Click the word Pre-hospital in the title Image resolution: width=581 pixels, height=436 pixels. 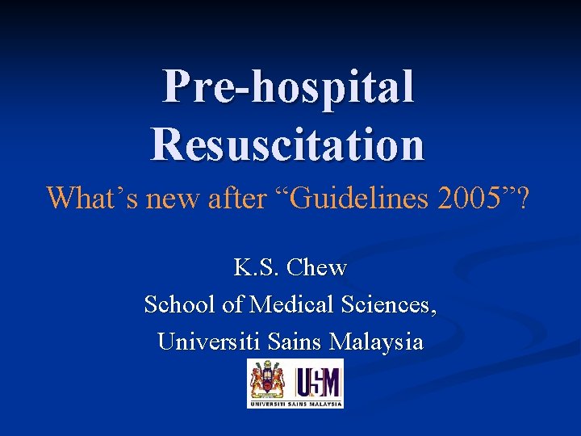pyautogui.click(x=289, y=87)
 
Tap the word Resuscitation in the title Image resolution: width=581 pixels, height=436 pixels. pyautogui.click(x=287, y=143)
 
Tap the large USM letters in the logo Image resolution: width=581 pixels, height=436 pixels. pyautogui.click(x=317, y=379)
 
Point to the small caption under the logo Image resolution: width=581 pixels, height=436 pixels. pyautogui.click(x=295, y=403)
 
